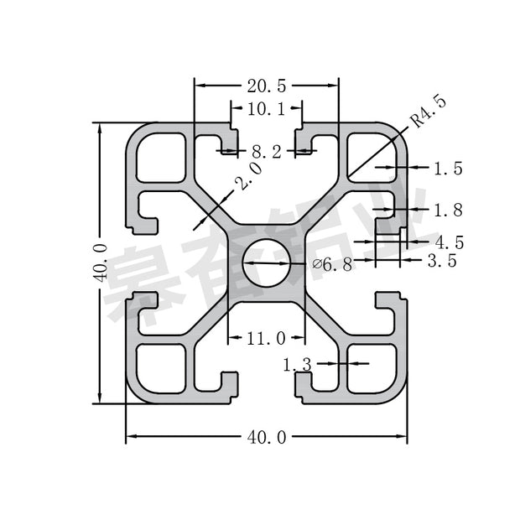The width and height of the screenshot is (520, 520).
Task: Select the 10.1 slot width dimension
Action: (x=266, y=107)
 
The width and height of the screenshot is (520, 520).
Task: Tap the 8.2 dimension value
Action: (x=266, y=152)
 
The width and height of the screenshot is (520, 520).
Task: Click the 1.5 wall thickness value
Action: (x=447, y=169)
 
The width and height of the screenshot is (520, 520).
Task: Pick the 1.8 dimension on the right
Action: (x=447, y=210)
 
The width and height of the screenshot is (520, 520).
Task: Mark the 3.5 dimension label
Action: (x=442, y=261)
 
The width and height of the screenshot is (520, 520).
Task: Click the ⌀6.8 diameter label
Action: (x=331, y=265)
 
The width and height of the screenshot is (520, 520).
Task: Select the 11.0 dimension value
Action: (x=266, y=338)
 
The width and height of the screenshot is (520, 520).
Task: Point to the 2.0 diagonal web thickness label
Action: (x=248, y=177)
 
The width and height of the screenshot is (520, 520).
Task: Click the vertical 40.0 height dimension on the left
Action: (x=100, y=263)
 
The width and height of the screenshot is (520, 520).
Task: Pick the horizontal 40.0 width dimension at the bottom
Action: (x=266, y=437)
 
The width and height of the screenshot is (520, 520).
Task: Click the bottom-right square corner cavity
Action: (x=372, y=368)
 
